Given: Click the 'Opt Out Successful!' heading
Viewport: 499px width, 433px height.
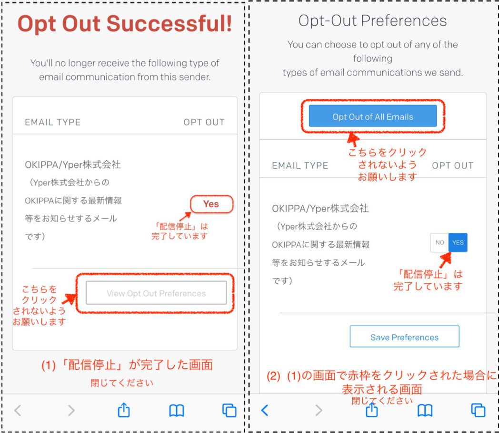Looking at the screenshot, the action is pyautogui.click(x=125, y=24).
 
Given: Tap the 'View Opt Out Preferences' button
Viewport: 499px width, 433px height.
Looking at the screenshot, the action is pyautogui.click(x=156, y=293).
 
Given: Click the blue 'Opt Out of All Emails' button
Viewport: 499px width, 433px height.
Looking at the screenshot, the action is pyautogui.click(x=373, y=116).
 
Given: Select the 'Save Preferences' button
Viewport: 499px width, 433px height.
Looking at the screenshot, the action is pyautogui.click(x=404, y=337).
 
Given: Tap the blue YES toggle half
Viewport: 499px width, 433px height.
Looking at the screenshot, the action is pyautogui.click(x=458, y=243).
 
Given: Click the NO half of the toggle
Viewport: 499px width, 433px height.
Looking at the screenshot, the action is pyautogui.click(x=439, y=243).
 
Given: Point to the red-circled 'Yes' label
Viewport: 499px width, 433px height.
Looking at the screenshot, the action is pyautogui.click(x=211, y=204).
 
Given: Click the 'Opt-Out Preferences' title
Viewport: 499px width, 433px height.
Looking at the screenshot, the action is pyautogui.click(x=373, y=21).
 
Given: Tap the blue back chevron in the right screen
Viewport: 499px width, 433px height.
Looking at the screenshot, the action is pyautogui.click(x=265, y=410).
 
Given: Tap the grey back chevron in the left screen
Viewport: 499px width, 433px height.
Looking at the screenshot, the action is pyautogui.click(x=18, y=410).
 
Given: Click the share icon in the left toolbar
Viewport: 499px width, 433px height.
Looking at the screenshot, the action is pyautogui.click(x=124, y=410).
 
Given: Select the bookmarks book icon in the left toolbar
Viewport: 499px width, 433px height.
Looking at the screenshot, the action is pyautogui.click(x=177, y=411).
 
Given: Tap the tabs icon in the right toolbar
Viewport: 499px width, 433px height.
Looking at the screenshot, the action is pyautogui.click(x=479, y=410).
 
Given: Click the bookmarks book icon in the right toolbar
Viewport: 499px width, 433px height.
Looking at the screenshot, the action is pyautogui.click(x=425, y=411).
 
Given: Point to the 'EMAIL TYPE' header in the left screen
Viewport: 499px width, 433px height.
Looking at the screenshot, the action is pyautogui.click(x=53, y=122).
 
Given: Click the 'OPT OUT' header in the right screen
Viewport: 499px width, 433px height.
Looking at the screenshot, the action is pyautogui.click(x=452, y=165).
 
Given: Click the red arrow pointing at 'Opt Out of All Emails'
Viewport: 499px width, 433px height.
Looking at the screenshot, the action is pyautogui.click(x=353, y=139).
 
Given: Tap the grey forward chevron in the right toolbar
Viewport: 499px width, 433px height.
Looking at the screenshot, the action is pyautogui.click(x=319, y=410).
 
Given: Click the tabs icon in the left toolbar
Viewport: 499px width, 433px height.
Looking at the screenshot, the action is pyautogui.click(x=230, y=410).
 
